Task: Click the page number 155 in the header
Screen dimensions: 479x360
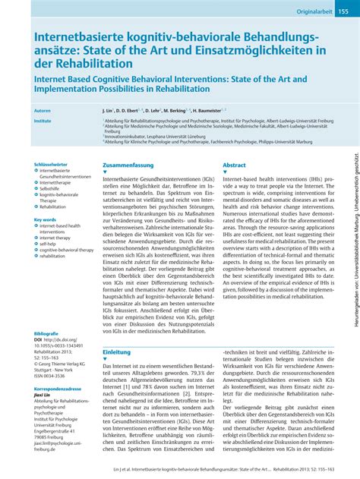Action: click(343, 12)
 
